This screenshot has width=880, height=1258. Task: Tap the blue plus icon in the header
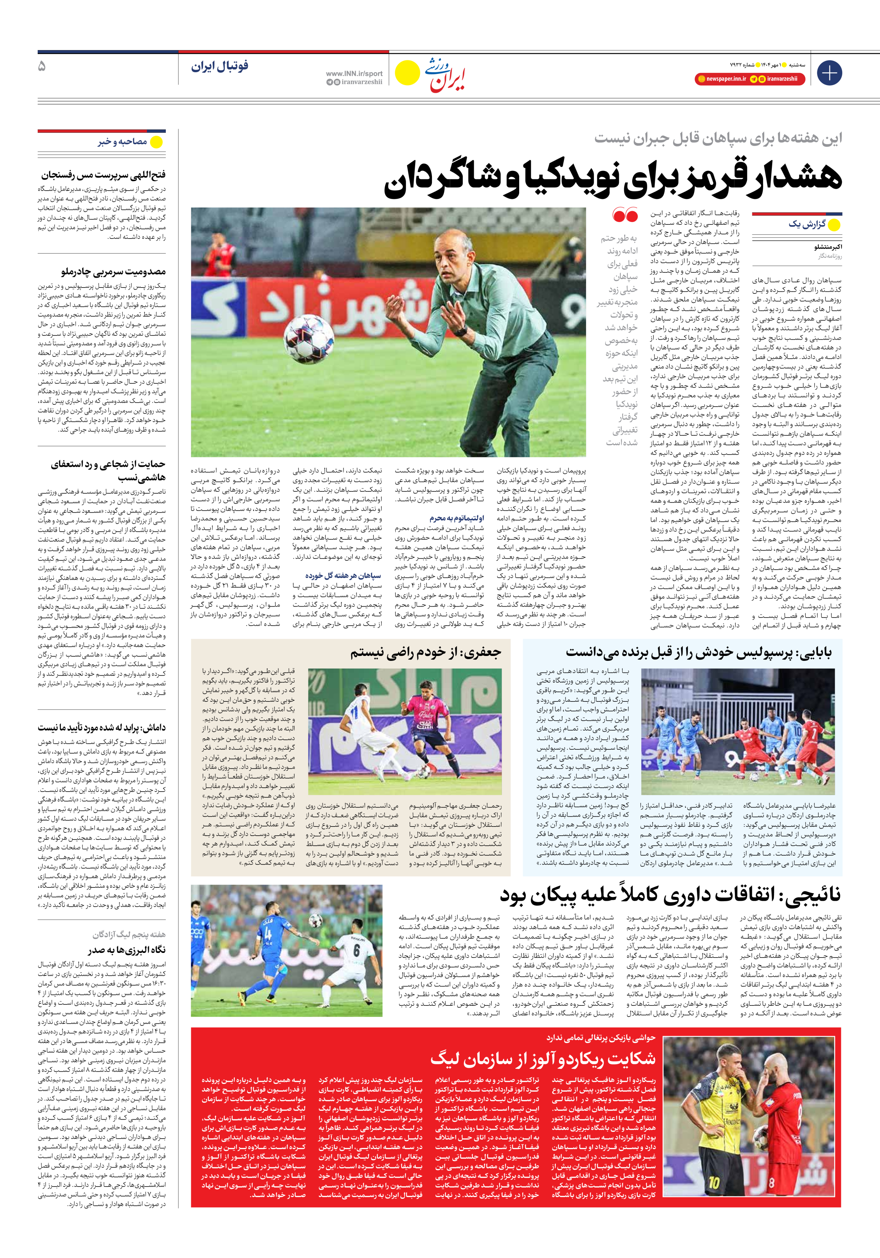point(829,73)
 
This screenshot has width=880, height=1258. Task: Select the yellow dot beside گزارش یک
point(834,225)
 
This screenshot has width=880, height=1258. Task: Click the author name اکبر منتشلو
point(828,247)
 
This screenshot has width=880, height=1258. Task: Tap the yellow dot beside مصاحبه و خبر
point(157,142)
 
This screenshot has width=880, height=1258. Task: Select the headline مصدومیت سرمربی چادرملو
point(113,272)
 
